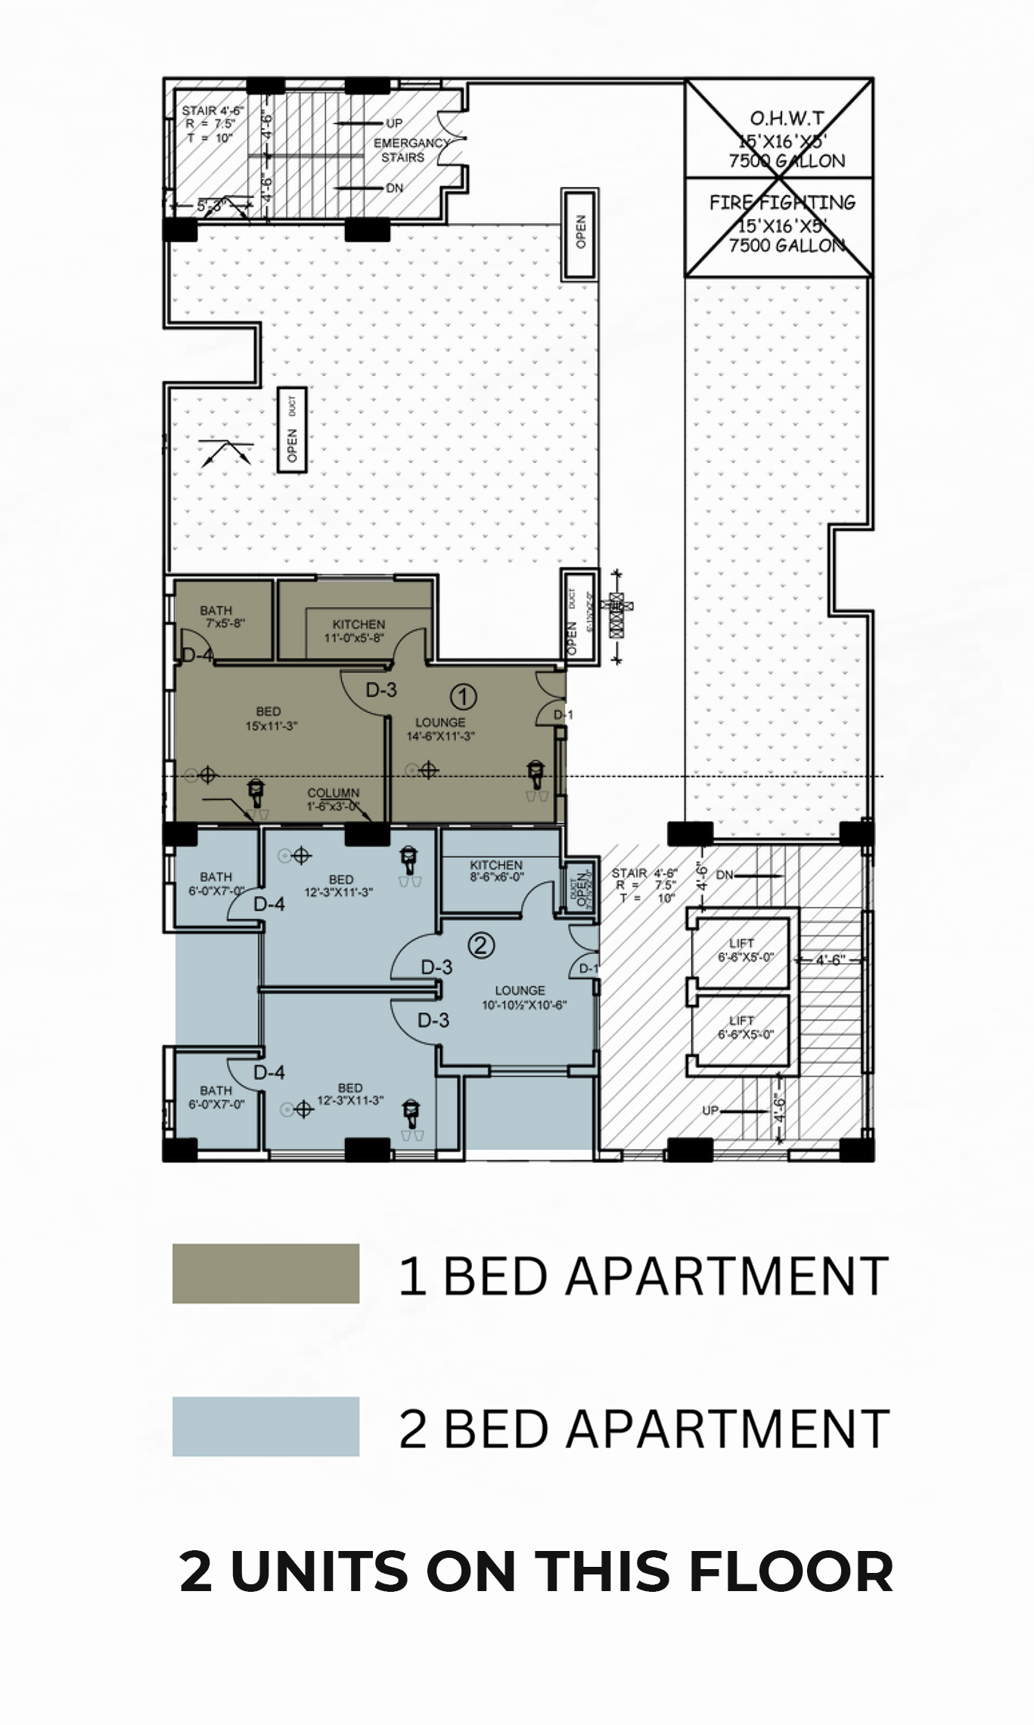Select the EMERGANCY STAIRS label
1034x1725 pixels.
[x=408, y=150]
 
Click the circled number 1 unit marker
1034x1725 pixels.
[x=463, y=695]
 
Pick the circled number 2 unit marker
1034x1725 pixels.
[x=482, y=944]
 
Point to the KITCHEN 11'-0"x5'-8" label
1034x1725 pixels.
[x=359, y=631]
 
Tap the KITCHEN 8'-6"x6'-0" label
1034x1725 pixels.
[x=496, y=870]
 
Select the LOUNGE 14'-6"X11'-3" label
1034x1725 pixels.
[x=440, y=729]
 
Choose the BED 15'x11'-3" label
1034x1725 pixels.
[x=270, y=718]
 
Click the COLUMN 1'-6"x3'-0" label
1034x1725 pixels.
[x=333, y=799]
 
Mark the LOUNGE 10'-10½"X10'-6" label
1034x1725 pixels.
[x=523, y=997]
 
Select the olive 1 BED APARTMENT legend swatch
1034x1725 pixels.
[x=265, y=1273]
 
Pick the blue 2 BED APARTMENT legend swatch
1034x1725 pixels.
[x=265, y=1426]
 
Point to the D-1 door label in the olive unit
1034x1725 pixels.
[x=563, y=715]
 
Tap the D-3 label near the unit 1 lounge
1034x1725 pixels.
[x=381, y=689]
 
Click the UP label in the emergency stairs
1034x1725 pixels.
[x=394, y=123]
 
